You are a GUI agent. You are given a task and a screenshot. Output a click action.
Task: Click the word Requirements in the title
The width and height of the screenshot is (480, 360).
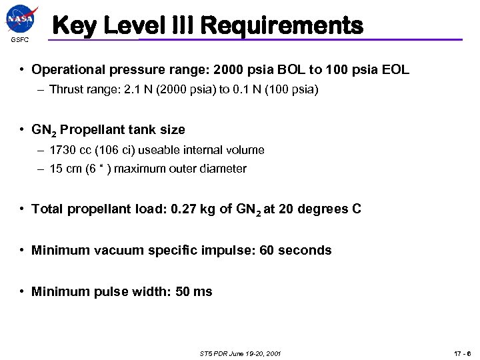coord(281,26)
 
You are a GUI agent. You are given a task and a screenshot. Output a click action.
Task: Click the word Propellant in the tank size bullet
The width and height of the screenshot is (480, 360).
coord(89,129)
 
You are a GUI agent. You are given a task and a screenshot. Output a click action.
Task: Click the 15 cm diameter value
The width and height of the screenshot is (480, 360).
coord(63,169)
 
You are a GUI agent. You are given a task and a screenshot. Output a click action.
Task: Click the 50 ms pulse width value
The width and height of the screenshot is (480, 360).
coord(193,291)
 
